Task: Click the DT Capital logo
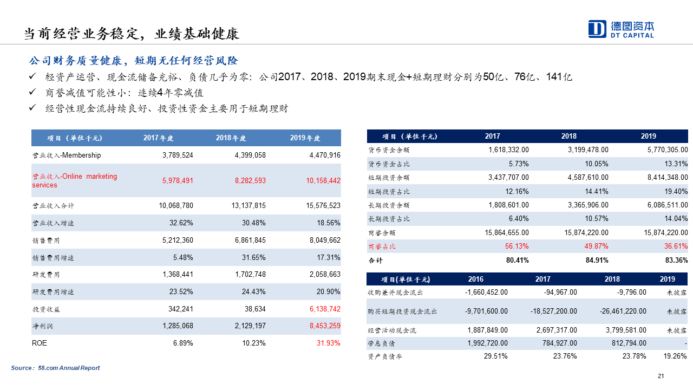[x=621, y=29]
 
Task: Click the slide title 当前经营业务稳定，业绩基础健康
[x=131, y=34]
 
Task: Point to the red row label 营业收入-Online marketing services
[x=74, y=180]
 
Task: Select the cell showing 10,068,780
[x=176, y=206]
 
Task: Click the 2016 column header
[x=476, y=279]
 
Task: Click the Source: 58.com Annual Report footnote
[x=56, y=368]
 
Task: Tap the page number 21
[x=661, y=376]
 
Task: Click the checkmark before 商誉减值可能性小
[x=32, y=92]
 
